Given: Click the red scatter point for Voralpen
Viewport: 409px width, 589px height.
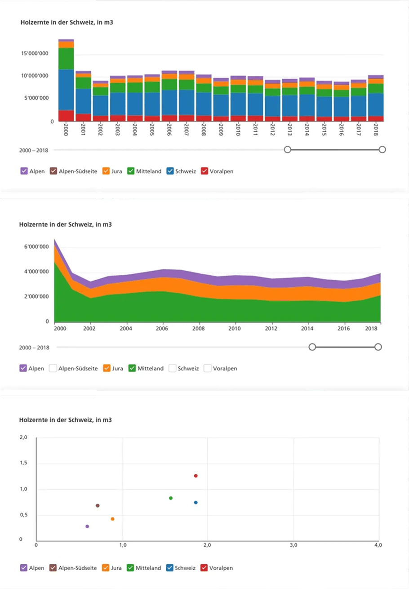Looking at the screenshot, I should click(x=196, y=476).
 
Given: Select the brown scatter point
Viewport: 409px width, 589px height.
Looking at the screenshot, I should click(x=98, y=506).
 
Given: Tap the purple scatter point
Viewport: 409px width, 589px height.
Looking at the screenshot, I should click(x=87, y=527).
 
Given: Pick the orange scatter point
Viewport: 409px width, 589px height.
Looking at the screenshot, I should click(x=112, y=519).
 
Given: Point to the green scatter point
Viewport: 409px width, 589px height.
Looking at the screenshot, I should click(x=171, y=498).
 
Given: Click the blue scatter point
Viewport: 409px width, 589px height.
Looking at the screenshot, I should click(x=196, y=503).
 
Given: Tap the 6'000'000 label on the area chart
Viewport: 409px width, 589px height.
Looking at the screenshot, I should click(x=36, y=247).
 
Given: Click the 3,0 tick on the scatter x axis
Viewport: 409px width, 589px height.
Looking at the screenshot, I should click(x=293, y=545).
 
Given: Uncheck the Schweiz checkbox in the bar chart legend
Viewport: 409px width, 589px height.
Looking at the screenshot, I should click(x=171, y=171).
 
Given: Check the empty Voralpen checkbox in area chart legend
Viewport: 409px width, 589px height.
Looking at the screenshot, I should click(x=207, y=368).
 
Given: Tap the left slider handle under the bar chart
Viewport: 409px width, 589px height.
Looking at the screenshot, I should click(x=288, y=150).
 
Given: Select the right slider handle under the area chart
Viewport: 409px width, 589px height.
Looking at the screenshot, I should click(x=378, y=347).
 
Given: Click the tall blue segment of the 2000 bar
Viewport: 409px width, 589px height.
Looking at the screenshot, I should click(x=66, y=90).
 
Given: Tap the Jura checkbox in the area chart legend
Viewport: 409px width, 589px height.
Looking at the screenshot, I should click(x=107, y=368).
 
